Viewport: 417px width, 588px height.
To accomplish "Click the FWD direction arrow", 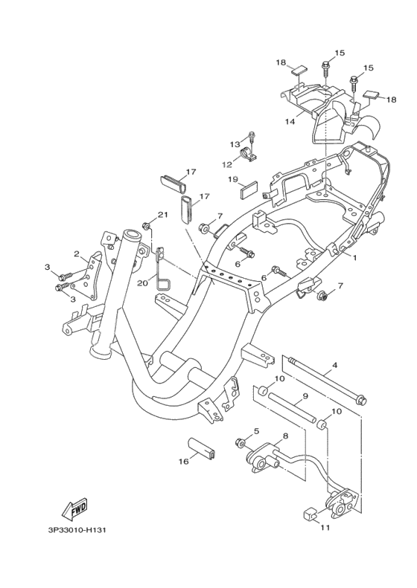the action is coord(74,509).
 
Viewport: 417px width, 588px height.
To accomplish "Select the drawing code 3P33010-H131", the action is coord(74,530).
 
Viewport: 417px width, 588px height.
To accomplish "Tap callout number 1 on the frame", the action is coord(354,258).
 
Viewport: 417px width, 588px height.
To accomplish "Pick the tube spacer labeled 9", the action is coord(292,407).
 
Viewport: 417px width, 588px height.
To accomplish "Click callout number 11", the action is coord(325,528).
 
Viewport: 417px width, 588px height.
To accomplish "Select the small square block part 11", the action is coord(309,514).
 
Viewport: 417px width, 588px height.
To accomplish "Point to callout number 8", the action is coord(285,436).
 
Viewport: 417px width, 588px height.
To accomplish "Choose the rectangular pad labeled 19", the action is coord(249,190).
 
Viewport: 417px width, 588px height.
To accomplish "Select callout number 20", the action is coord(143,283).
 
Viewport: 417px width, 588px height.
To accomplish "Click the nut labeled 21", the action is coord(147,226).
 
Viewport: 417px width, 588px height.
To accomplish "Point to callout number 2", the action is coord(76,254).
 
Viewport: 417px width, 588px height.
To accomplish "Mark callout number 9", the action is coord(305,396).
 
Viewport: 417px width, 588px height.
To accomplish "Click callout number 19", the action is coord(233,179).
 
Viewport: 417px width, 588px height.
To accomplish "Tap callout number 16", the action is coord(183,462).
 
